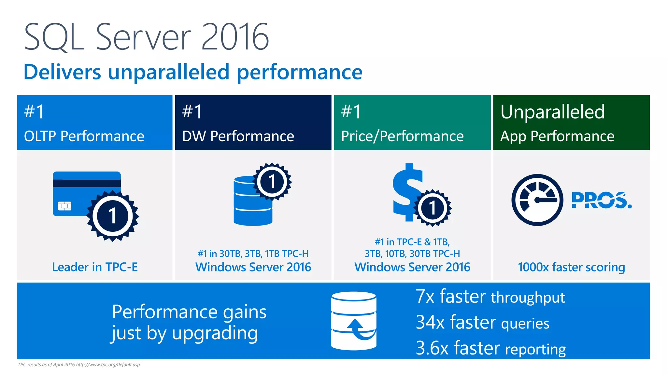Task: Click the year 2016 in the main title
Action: point(235,37)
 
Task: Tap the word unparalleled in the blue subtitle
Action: point(168,72)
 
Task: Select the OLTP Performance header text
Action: point(84,136)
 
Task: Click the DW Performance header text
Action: point(238,136)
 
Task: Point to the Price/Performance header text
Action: point(402,136)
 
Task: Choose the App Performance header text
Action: point(557,136)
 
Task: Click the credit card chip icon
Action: point(64,206)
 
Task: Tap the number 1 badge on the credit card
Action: point(113,216)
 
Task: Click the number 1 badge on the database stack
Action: point(272,182)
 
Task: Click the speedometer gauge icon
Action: point(537,200)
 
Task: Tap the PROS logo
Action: point(601,200)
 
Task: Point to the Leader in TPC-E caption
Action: point(95,267)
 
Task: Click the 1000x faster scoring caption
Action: point(571,267)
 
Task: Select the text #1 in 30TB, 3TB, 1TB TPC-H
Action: point(253,254)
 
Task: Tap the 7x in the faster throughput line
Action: point(425,297)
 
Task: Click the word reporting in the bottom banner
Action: point(535,349)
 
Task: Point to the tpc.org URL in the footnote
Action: point(108,365)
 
